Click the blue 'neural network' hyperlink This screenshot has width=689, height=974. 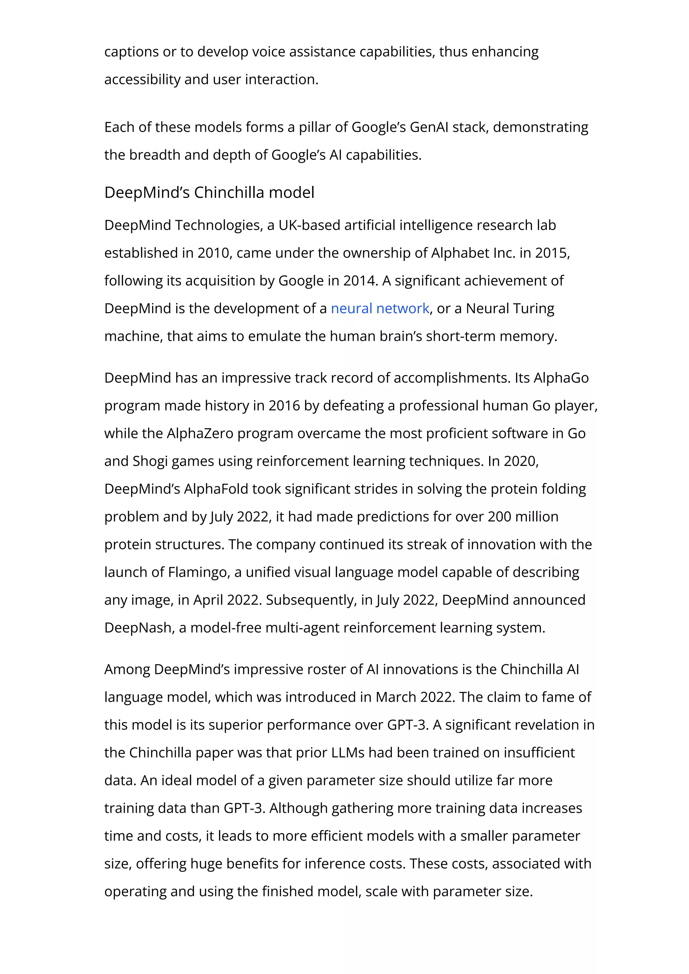pos(379,309)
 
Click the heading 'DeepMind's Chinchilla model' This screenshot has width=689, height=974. pos(209,193)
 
